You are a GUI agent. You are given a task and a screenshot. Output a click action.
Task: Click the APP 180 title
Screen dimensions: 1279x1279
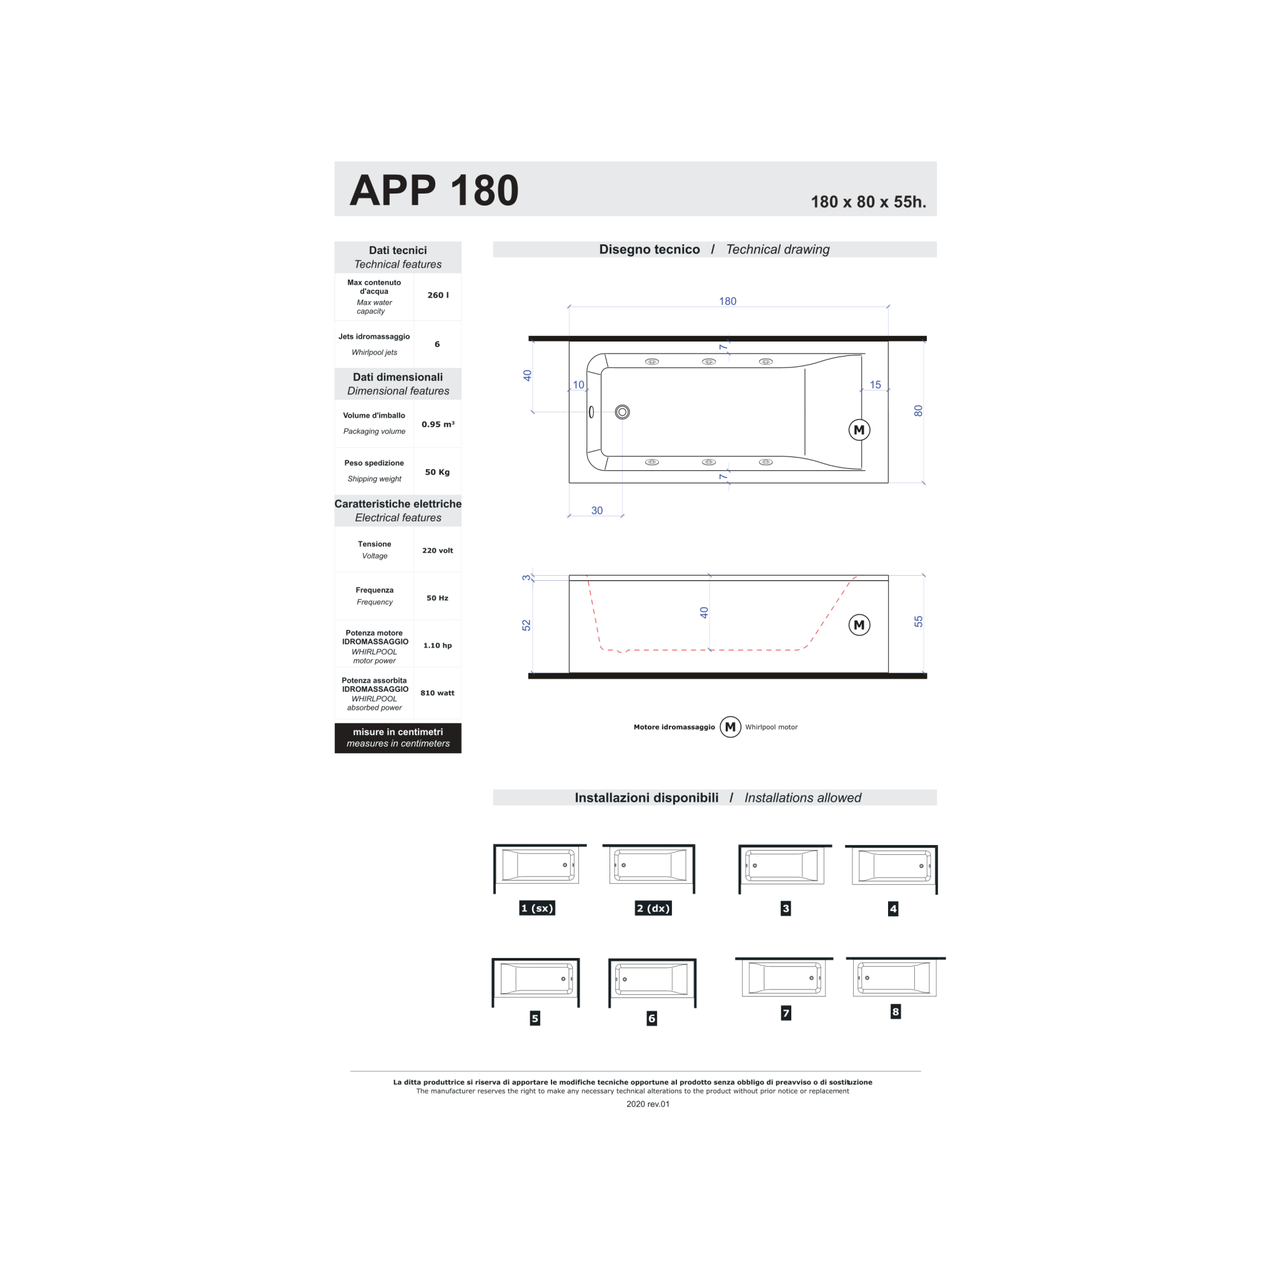[433, 190]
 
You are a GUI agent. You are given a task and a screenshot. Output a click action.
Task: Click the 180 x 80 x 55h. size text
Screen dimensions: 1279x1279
[868, 202]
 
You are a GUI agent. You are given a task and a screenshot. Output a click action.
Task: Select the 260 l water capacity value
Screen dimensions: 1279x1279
[438, 295]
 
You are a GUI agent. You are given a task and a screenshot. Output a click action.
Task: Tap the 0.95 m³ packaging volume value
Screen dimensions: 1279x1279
[438, 424]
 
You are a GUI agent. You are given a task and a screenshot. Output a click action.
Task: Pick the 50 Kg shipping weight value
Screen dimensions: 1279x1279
[437, 472]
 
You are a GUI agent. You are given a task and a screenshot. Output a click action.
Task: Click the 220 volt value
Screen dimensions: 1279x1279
[438, 550]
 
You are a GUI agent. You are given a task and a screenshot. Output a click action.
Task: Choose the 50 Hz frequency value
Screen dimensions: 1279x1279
[437, 598]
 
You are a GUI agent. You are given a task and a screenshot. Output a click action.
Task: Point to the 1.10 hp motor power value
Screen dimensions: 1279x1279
[437, 646]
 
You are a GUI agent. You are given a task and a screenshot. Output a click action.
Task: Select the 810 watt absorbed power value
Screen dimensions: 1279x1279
[437, 693]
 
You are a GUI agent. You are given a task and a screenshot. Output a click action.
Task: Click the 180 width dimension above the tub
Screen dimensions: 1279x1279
[728, 301]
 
